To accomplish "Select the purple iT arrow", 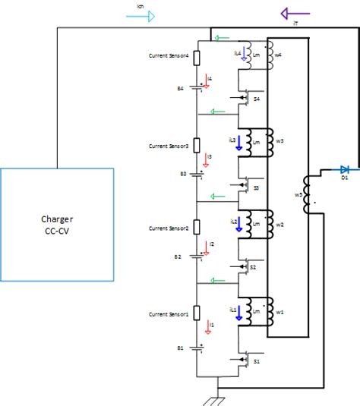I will pyautogui.click(x=294, y=13).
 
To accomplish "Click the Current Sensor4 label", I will pyautogui.click(x=169, y=57).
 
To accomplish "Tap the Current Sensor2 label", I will pyautogui.click(x=169, y=228).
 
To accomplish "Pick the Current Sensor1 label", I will pyautogui.click(x=169, y=313).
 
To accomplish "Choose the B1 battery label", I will pyautogui.click(x=181, y=348).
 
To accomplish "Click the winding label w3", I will pyautogui.click(x=279, y=141).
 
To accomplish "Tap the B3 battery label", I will pyautogui.click(x=183, y=174).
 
